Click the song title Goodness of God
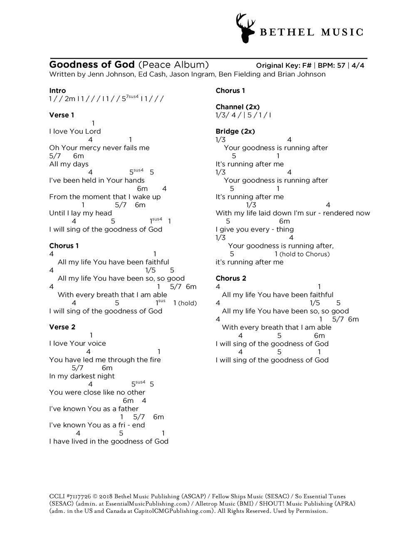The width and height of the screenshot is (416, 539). pos(92,65)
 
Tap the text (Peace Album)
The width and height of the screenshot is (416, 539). pos(173,65)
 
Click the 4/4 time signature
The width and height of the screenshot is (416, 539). pos(358,65)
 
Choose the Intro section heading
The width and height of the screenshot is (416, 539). pos(57,90)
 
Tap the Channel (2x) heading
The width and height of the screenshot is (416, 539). pos(238,107)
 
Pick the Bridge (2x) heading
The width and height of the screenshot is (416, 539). pos(235,131)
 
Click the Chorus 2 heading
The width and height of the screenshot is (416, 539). pos(231,278)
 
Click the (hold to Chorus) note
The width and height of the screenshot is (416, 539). pos(305,254)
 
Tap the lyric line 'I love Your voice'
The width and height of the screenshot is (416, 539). pos(77,343)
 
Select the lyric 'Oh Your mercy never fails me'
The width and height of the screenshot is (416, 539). pos(99,147)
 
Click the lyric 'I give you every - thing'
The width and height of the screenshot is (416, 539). pos(255,229)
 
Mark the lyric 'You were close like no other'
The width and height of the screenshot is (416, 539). pos(97,392)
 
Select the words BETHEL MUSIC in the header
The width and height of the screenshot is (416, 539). pos(312,32)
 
